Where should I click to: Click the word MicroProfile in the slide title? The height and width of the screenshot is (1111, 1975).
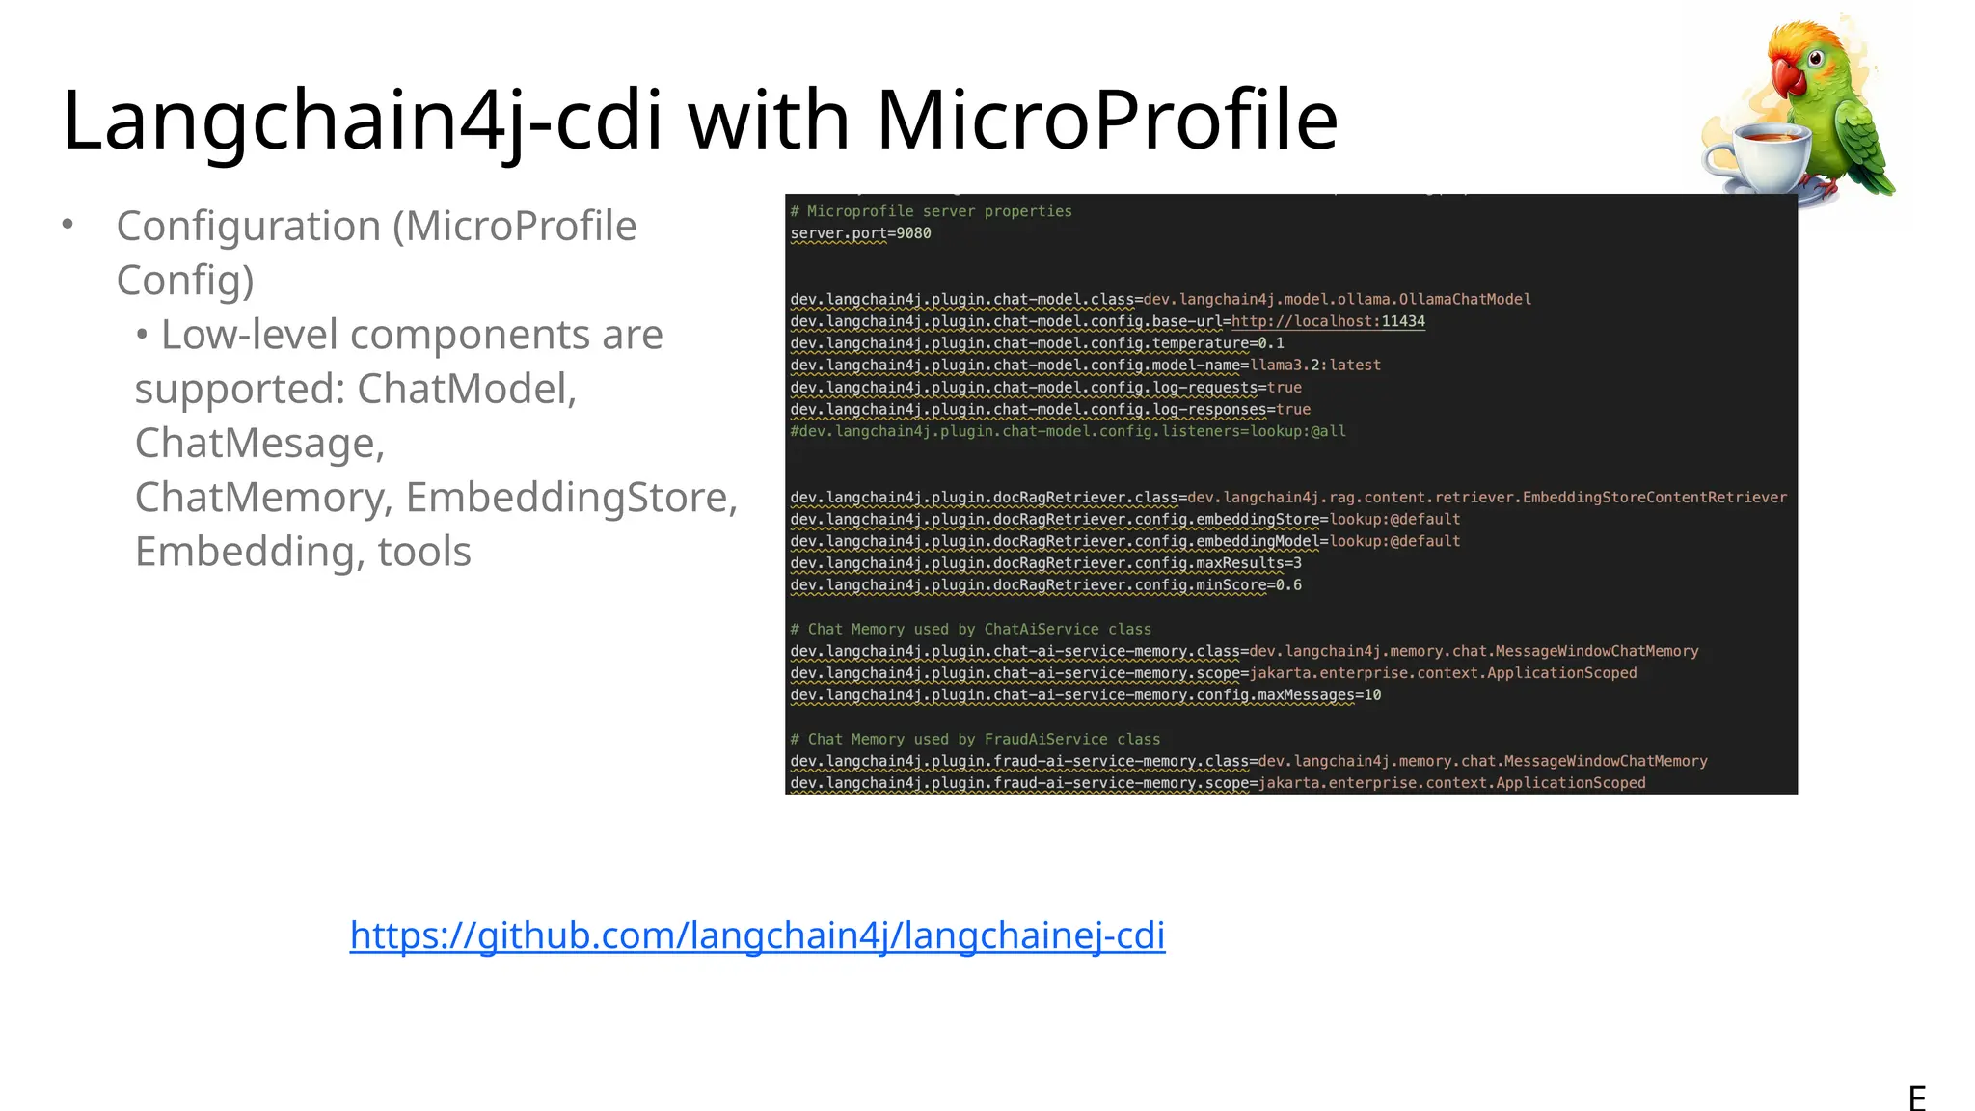point(1107,121)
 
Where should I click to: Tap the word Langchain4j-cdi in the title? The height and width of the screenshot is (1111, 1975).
point(363,121)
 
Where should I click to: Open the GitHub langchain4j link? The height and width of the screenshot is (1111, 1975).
point(757,935)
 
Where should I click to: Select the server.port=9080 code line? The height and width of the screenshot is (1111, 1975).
point(860,233)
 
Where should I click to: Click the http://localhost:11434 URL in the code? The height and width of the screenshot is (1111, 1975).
point(1328,321)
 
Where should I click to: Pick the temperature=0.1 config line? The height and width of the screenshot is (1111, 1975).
point(1037,343)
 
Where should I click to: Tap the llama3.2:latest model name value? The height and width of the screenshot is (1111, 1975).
point(1315,366)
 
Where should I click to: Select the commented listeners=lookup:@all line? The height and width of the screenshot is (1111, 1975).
point(1068,431)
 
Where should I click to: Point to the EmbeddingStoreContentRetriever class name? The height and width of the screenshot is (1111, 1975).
point(1654,498)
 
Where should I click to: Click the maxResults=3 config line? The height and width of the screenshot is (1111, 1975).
point(1045,563)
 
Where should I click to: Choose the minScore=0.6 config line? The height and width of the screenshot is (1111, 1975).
point(1045,585)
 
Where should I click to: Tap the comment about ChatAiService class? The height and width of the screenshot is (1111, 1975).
point(970,629)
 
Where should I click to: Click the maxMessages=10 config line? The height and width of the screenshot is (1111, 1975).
point(1085,695)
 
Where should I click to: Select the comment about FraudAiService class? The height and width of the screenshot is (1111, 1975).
point(975,739)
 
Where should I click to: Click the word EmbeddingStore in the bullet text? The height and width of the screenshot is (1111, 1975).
point(571,498)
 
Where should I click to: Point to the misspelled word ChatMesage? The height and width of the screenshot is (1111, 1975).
point(259,444)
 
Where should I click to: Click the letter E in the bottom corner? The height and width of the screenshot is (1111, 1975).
point(1917,1097)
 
